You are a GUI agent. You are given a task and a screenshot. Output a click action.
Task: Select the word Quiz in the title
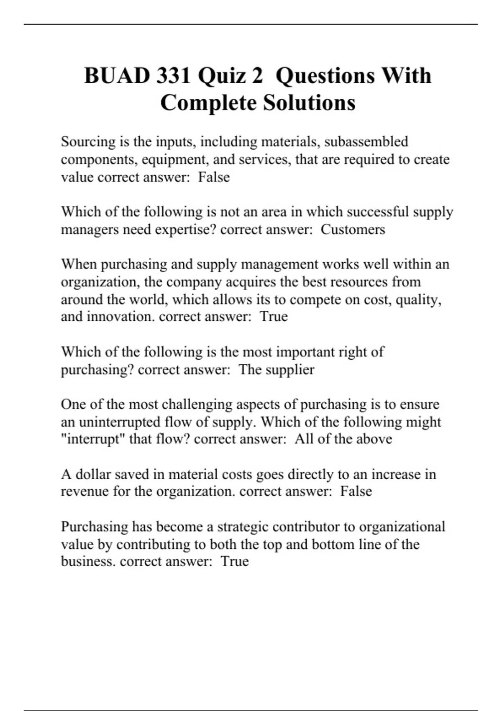222,76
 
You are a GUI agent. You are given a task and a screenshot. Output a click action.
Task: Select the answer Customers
353,230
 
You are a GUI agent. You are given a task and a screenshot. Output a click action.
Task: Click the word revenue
85,491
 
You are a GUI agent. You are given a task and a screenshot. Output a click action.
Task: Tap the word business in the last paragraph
88,561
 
